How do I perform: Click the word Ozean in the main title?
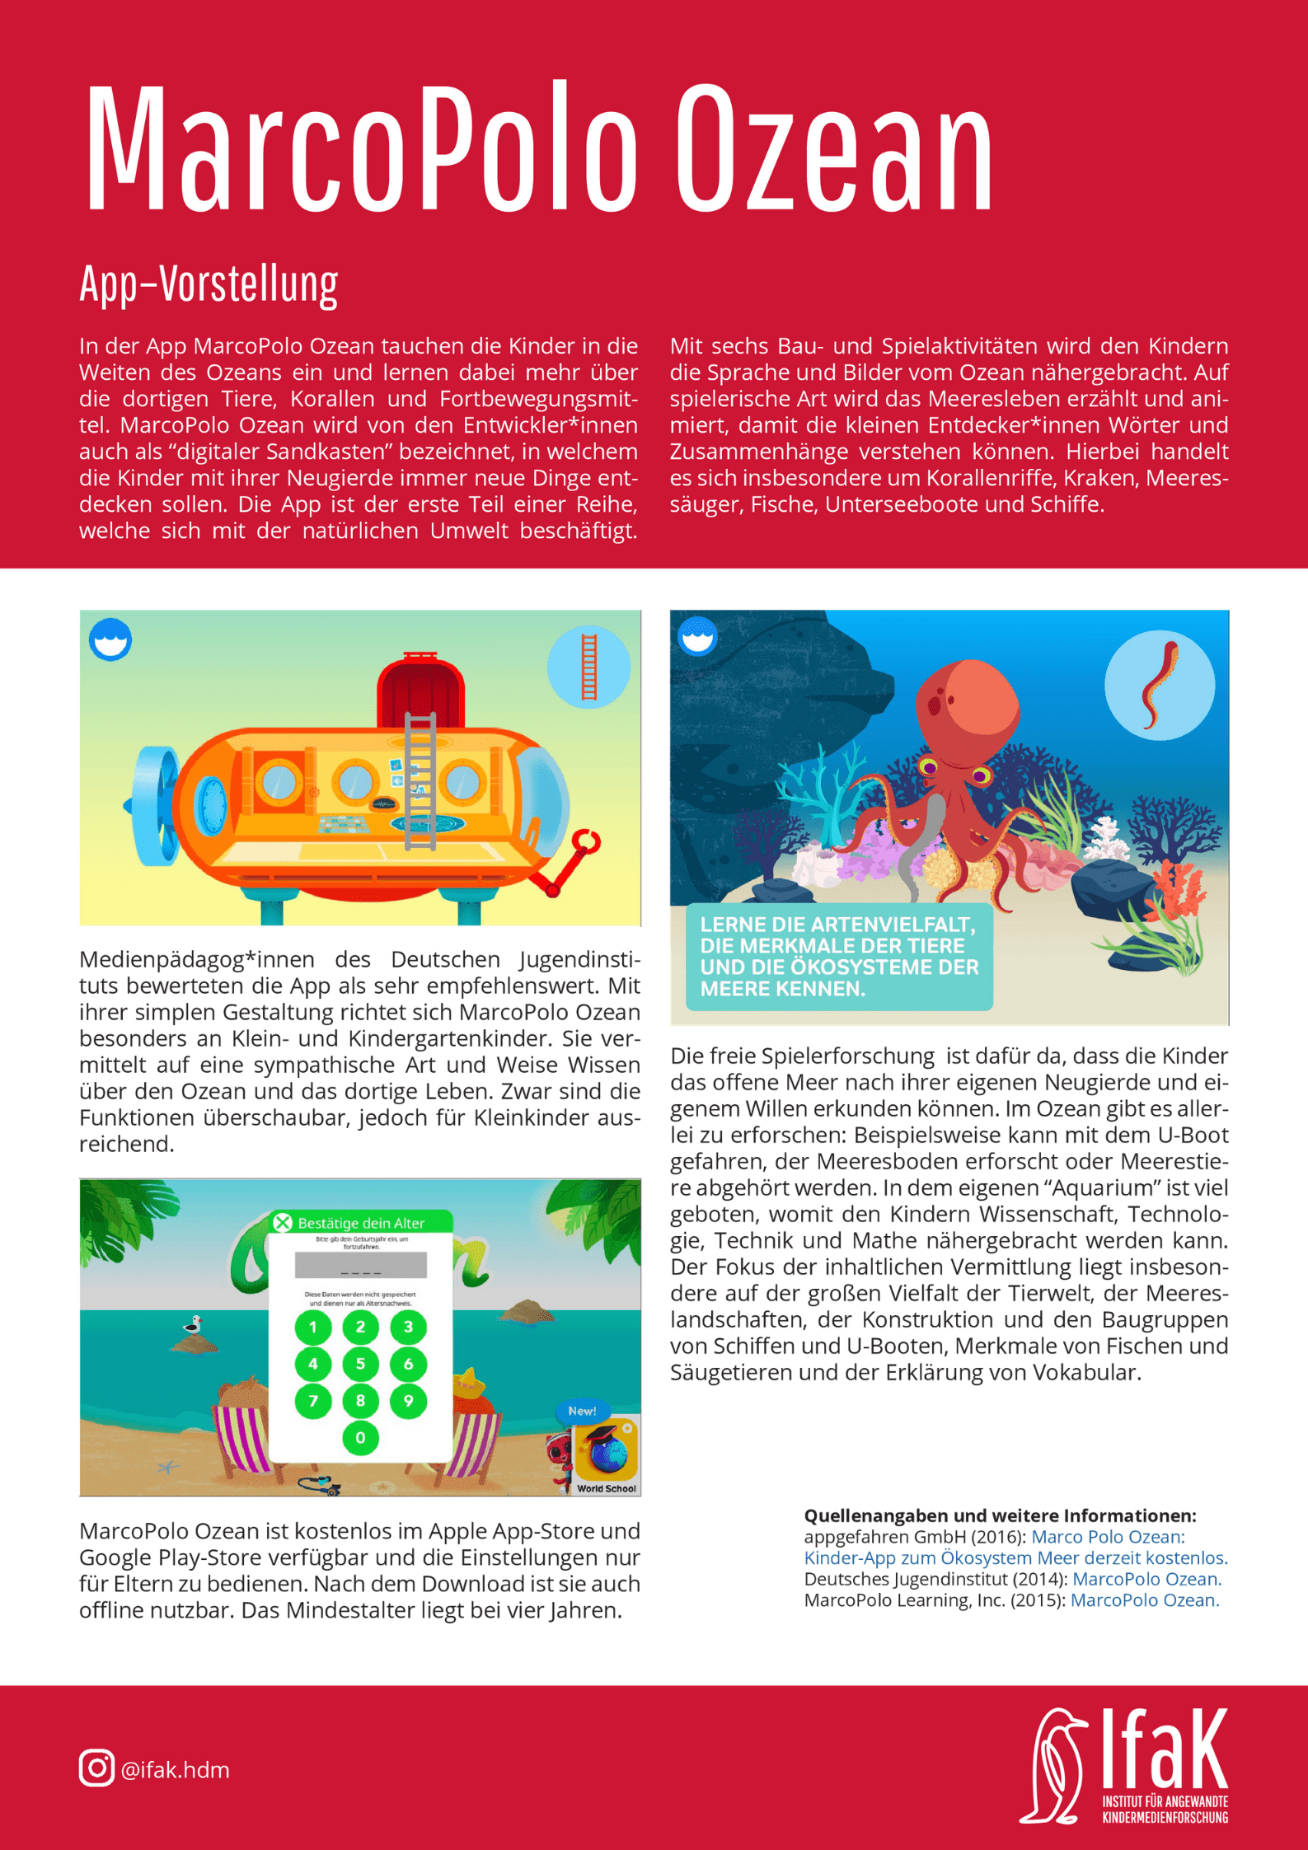click(x=834, y=148)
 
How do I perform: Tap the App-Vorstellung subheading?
click(x=209, y=284)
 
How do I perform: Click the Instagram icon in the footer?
click(x=96, y=1768)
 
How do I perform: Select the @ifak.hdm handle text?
click(x=176, y=1770)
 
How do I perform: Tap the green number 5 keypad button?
click(x=360, y=1364)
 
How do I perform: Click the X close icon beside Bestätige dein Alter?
click(x=283, y=1222)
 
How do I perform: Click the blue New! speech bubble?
click(x=582, y=1411)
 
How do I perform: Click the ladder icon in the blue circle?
click(x=588, y=667)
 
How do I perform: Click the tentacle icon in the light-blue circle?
click(x=1159, y=686)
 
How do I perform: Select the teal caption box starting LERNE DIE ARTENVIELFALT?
click(x=839, y=956)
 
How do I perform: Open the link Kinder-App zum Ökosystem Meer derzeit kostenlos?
click(x=1015, y=1557)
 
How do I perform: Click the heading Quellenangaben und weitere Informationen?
click(x=1000, y=1515)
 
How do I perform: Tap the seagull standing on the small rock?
click(x=194, y=1324)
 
